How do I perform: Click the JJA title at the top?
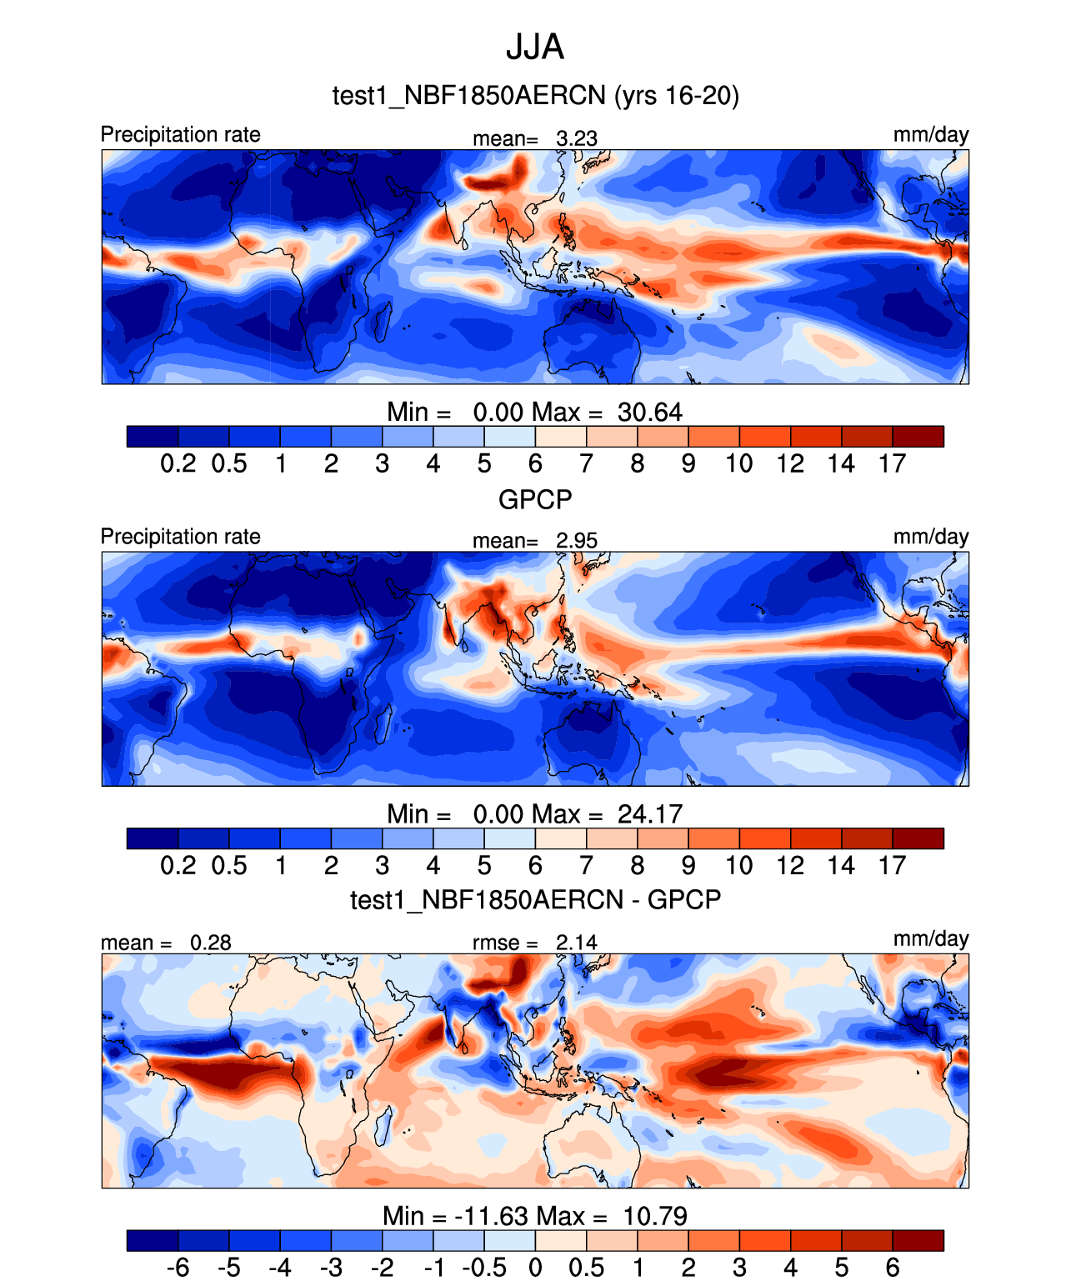(x=535, y=48)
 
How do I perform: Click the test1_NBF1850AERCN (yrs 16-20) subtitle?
(x=535, y=96)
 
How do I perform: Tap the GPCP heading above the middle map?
(x=535, y=499)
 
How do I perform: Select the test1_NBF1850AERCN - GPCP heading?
(x=535, y=900)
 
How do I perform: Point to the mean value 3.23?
(x=577, y=138)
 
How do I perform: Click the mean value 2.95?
(x=577, y=540)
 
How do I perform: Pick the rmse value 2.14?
(x=577, y=943)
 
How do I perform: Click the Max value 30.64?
(x=649, y=412)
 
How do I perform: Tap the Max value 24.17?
(x=649, y=813)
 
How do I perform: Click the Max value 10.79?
(x=655, y=1216)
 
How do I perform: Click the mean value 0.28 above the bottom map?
(x=210, y=943)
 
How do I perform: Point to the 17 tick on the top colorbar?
(x=892, y=463)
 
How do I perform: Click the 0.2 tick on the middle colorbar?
(x=178, y=865)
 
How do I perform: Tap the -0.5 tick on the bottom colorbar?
(x=484, y=1268)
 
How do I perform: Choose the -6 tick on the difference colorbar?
(x=178, y=1268)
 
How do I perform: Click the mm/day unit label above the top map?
(x=930, y=134)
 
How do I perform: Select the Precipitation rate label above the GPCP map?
(x=181, y=536)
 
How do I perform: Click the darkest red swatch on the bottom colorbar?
(x=918, y=1240)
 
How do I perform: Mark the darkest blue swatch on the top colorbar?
(x=153, y=436)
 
